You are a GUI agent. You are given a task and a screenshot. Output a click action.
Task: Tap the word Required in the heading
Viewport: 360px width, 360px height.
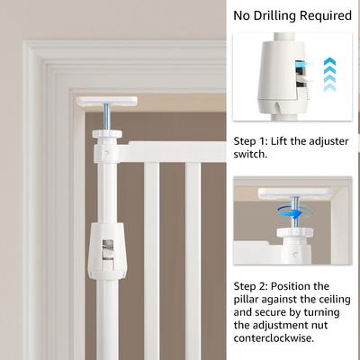(x=326, y=15)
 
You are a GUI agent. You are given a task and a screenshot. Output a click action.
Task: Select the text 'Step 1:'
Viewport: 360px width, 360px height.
(x=249, y=141)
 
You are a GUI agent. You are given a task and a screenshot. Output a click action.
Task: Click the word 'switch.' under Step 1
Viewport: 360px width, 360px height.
(x=250, y=154)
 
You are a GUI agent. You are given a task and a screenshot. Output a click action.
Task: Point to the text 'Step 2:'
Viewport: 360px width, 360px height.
(x=250, y=286)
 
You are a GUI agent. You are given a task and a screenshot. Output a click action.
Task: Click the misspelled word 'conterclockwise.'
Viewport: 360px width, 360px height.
(x=274, y=338)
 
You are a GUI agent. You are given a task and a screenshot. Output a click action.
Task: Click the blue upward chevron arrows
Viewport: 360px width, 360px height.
(x=330, y=75)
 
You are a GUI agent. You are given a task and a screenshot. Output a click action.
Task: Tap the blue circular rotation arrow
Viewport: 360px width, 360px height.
(x=294, y=212)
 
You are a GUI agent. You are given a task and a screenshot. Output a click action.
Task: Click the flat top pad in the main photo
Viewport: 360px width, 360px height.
(x=107, y=101)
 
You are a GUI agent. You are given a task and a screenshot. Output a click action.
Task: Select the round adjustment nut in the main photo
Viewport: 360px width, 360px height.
(x=107, y=133)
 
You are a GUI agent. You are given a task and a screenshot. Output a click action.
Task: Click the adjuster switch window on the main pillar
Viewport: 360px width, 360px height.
(x=108, y=250)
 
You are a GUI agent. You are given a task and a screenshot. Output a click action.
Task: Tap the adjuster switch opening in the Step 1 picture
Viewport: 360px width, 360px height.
(x=301, y=78)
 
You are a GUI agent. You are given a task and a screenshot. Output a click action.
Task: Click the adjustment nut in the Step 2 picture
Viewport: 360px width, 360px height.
(x=295, y=232)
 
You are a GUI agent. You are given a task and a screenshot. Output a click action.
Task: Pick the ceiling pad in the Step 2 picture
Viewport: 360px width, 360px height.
(x=295, y=192)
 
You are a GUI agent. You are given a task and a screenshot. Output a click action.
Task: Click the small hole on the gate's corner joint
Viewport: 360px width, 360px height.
(x=106, y=153)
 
